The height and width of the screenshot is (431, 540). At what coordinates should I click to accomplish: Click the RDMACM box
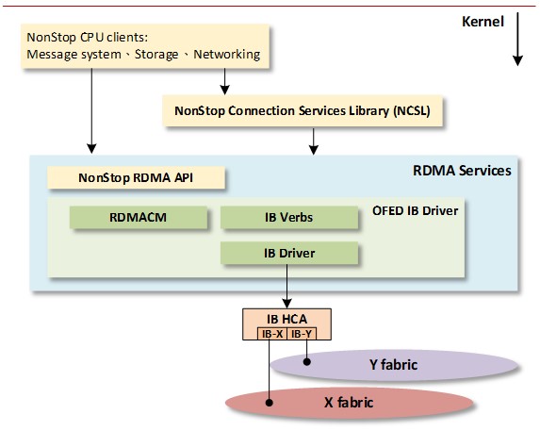(x=139, y=218)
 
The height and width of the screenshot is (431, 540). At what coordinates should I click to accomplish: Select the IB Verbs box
(x=289, y=218)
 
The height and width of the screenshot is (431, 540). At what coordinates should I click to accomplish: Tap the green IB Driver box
(x=289, y=253)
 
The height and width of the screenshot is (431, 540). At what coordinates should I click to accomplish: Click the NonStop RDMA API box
(x=136, y=177)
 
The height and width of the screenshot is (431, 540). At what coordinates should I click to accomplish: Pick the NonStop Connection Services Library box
(x=303, y=111)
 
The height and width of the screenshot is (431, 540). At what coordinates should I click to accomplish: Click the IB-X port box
(x=272, y=334)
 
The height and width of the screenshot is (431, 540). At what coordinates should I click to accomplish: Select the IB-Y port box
(x=302, y=334)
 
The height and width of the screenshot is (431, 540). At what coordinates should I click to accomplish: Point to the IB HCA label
(x=286, y=319)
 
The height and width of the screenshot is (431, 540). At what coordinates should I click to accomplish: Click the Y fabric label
(x=393, y=364)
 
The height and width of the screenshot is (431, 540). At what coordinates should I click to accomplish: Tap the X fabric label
(x=349, y=402)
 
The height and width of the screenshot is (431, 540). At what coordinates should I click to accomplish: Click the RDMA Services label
(x=462, y=171)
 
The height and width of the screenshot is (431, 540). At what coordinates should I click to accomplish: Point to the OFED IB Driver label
(x=416, y=210)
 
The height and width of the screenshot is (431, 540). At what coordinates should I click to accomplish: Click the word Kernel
(x=483, y=22)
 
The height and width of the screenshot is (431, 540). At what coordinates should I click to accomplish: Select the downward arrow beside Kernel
(x=517, y=39)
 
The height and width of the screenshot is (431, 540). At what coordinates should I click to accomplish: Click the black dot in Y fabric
(x=307, y=362)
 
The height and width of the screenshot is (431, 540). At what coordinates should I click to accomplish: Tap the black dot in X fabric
(x=270, y=403)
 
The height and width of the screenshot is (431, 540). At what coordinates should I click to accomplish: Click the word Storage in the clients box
(x=156, y=55)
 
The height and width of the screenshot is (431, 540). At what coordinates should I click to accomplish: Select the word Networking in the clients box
(x=226, y=55)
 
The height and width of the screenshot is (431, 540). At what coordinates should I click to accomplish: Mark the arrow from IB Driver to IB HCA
(x=286, y=287)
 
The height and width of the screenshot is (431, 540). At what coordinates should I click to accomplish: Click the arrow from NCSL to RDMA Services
(x=314, y=141)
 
